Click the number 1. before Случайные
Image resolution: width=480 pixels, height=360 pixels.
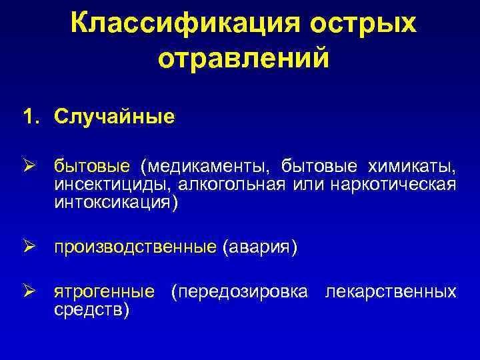click(x=32, y=117)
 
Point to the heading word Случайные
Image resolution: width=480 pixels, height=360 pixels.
click(x=115, y=117)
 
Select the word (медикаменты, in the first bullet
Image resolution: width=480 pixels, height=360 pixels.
click(x=206, y=164)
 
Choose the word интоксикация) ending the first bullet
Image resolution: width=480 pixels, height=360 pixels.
click(x=116, y=202)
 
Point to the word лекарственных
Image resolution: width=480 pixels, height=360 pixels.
click(x=391, y=292)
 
